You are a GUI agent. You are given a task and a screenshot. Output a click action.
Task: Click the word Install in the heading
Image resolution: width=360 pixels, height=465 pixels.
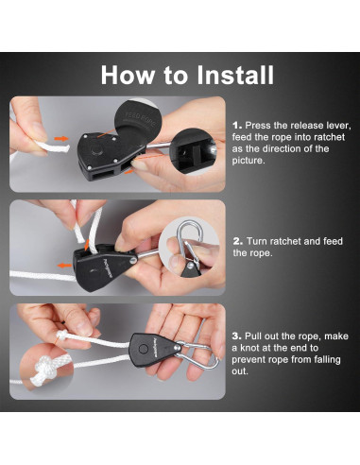tap(235, 75)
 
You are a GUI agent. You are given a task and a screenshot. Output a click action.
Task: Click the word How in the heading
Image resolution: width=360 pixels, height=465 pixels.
tap(128, 75)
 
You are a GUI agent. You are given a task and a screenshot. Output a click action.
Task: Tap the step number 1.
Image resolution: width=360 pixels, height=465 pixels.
tap(237, 126)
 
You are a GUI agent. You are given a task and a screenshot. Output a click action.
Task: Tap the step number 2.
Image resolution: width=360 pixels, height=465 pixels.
tap(238, 241)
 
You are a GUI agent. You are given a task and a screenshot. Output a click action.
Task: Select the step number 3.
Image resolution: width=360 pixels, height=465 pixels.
tap(237, 336)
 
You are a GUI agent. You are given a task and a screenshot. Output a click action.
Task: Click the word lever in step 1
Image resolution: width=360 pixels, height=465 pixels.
tap(339, 126)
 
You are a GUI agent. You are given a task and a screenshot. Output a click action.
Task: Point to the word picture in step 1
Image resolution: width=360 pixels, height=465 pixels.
tap(248, 161)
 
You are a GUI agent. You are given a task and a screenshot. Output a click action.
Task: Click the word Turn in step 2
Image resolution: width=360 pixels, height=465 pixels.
tap(256, 241)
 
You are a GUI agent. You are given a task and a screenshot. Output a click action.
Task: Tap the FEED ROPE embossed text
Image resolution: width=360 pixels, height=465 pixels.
tap(141, 119)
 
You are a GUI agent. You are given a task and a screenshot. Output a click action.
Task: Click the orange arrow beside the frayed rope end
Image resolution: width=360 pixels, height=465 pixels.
tap(61, 139)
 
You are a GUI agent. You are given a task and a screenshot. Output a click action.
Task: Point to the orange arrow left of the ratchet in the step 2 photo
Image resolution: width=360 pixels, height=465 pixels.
tap(64, 266)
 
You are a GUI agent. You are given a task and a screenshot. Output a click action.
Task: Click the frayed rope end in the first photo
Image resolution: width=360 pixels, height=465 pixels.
tap(54, 147)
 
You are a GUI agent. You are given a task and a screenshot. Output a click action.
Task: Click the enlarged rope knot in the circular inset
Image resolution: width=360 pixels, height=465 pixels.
tap(45, 370)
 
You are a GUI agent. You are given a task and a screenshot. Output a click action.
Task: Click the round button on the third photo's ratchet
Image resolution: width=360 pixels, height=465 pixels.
tap(144, 349)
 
